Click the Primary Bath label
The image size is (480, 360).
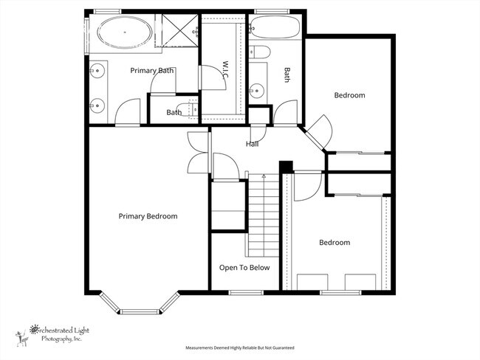(151, 71)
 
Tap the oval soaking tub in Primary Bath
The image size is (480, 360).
(126, 33)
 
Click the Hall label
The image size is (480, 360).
(253, 145)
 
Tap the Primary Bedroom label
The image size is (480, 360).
(148, 216)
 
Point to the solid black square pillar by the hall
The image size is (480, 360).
(286, 167)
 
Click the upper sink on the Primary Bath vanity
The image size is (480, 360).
(97, 71)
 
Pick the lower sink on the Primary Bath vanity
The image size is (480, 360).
(97, 103)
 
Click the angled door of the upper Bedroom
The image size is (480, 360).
(318, 134)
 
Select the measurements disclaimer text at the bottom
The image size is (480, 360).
(239, 347)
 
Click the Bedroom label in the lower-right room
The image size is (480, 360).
(334, 243)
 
